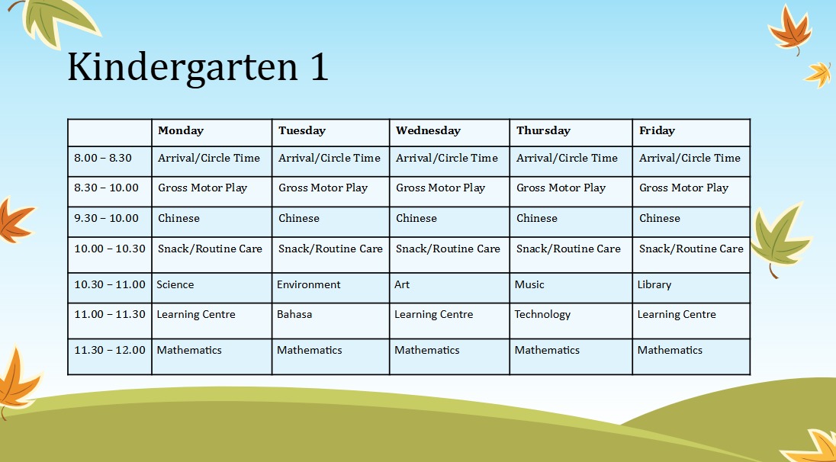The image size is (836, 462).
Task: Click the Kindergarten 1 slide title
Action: (198, 68)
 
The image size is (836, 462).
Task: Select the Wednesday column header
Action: (428, 130)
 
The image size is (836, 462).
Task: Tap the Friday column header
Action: (657, 130)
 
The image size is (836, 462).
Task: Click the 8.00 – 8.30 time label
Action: (103, 158)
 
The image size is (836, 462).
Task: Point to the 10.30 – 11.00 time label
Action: (110, 284)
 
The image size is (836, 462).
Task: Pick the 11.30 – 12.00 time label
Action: (110, 350)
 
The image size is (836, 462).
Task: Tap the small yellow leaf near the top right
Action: (818, 74)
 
